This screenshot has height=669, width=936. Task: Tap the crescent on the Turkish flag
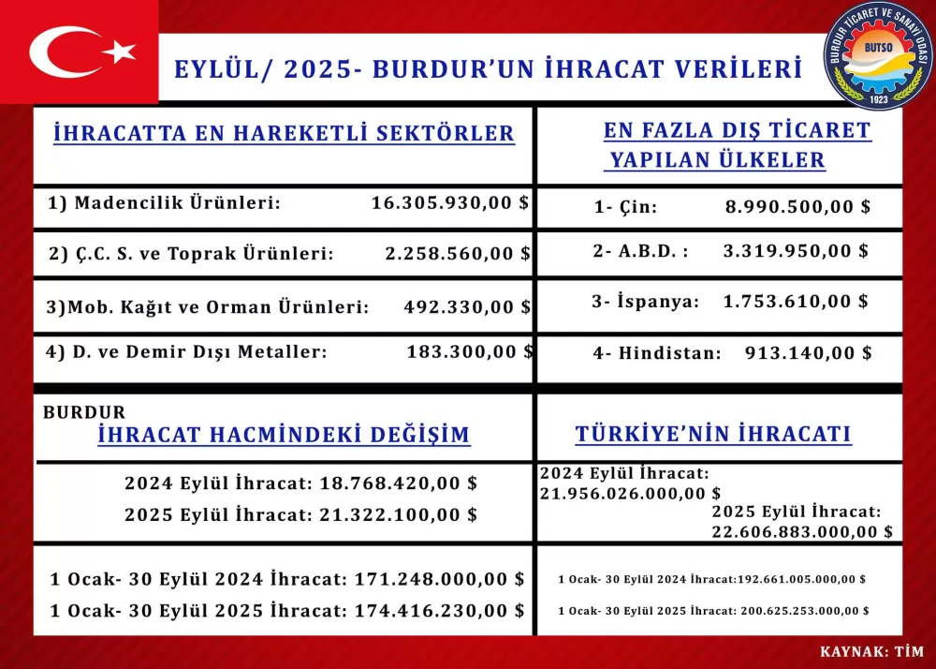[x=61, y=52]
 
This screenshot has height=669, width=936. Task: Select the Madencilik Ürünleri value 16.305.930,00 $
[x=450, y=202]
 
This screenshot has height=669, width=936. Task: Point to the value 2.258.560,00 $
[x=458, y=253]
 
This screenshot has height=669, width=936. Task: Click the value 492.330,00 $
[x=467, y=307]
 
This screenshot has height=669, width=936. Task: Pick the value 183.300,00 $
[x=470, y=351]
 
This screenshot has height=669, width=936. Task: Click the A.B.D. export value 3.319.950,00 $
[x=796, y=251]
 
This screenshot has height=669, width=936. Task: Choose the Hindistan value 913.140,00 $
[x=809, y=353]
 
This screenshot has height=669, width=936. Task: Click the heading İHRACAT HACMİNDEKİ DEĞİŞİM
[x=285, y=436]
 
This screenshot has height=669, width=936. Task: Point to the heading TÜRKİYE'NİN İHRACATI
[x=712, y=435]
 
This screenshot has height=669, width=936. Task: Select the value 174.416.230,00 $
[x=439, y=610]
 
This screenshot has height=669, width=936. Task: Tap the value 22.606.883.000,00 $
[x=802, y=531]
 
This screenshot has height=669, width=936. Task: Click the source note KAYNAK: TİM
[x=871, y=651]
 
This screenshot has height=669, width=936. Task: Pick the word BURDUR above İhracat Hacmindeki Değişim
[x=84, y=412]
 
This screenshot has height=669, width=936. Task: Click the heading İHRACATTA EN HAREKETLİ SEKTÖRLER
[x=285, y=133]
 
